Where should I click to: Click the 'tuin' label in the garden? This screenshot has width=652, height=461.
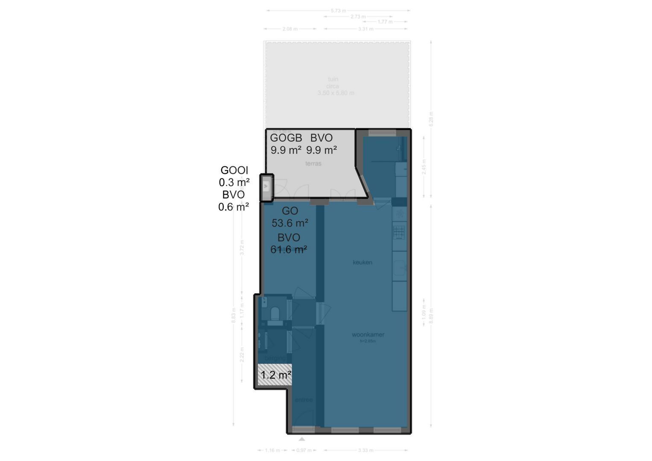[333, 79]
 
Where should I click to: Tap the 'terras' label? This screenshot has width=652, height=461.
[313, 163]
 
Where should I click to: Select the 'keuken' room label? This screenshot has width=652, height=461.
[363, 262]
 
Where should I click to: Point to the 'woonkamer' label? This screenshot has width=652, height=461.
[368, 335]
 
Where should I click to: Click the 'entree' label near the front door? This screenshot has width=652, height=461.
[304, 400]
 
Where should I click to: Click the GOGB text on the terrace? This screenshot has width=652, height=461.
[286, 138]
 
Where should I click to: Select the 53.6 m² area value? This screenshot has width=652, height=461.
[290, 223]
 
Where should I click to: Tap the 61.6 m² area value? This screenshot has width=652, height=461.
[289, 250]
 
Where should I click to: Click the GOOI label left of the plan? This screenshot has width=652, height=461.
[234, 170]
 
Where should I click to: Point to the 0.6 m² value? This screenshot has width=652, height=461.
[234, 207]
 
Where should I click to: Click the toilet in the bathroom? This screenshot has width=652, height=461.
[275, 314]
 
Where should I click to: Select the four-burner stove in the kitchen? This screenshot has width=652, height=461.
[399, 233]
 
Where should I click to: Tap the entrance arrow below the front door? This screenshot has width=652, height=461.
[302, 439]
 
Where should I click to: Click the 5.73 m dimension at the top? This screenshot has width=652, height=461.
[338, 11]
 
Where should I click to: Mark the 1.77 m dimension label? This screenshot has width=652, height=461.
[385, 21]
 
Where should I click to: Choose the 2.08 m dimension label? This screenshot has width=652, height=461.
[290, 29]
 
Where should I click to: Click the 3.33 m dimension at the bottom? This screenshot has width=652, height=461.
[366, 450]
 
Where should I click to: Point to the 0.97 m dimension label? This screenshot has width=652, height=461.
[304, 450]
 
